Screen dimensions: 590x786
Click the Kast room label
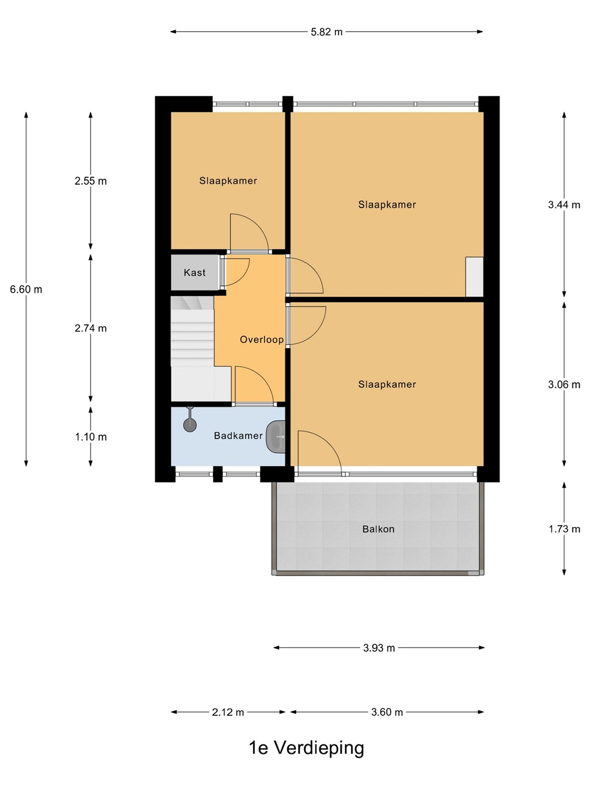tap(194, 272)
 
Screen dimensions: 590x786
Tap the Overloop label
tap(262, 340)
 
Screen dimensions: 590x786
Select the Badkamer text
tap(238, 436)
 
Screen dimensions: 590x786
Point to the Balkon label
tap(378, 529)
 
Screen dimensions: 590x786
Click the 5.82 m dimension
tap(326, 32)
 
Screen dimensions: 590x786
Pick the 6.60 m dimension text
tap(26, 289)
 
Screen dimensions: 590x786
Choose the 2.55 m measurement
tap(91, 181)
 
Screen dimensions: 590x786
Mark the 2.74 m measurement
tap(91, 328)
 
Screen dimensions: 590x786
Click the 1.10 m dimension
tap(91, 437)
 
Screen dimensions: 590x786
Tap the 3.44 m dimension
tap(564, 205)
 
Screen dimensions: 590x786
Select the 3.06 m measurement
tap(564, 385)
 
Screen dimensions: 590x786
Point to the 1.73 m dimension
tap(564, 529)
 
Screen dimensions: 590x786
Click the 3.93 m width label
tap(379, 648)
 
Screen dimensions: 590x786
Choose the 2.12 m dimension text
tap(228, 712)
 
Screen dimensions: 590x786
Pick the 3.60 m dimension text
tap(387, 712)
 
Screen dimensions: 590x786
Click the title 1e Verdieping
tap(306, 748)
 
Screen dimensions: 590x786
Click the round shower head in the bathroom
tap(190, 425)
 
